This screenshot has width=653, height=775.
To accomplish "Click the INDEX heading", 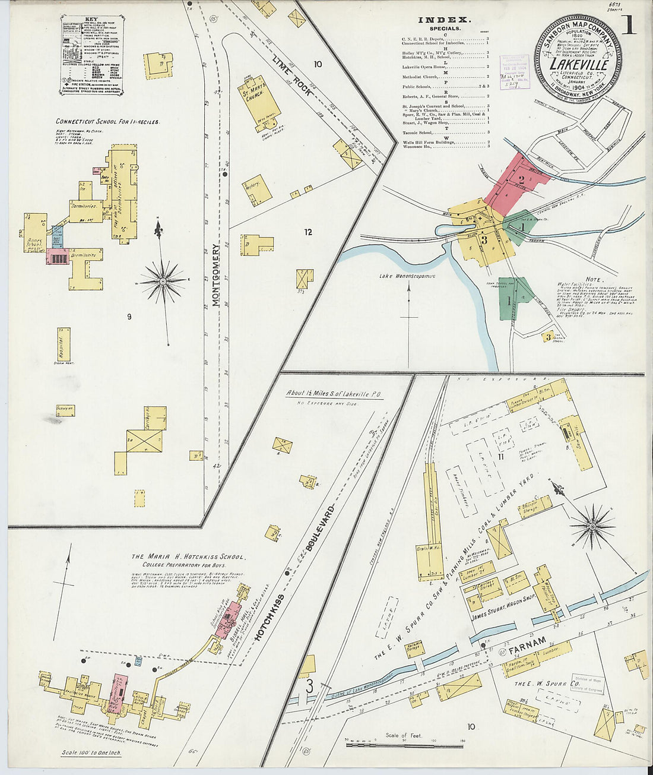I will click(445, 20).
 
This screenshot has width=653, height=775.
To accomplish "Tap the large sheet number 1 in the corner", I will click(628, 25).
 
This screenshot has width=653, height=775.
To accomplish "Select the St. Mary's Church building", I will click(261, 102).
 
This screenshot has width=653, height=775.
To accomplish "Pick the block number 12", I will click(308, 232).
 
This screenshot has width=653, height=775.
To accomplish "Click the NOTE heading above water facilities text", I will click(593, 279).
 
